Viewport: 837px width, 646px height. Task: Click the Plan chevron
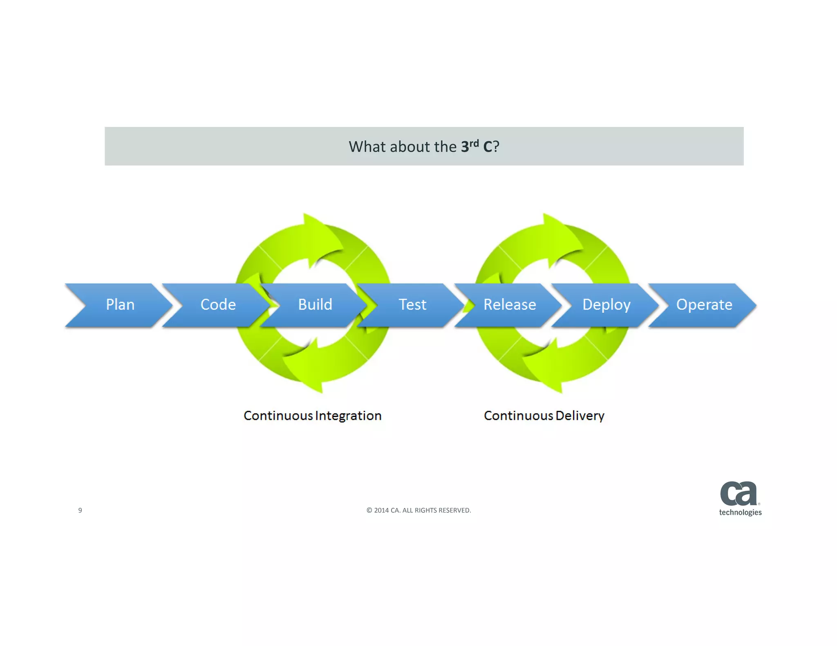pos(120,305)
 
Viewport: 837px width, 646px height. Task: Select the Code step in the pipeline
pos(218,305)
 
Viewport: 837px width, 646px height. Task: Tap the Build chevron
pos(315,305)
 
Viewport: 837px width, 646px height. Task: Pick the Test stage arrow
pos(412,305)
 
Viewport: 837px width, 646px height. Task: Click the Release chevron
pos(509,305)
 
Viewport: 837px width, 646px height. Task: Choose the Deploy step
pos(606,305)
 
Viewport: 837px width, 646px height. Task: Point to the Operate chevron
pos(704,305)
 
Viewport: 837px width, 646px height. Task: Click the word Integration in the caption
pos(348,416)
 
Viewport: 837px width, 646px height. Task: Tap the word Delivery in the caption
pos(580,416)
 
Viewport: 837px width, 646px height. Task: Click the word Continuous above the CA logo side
pos(518,416)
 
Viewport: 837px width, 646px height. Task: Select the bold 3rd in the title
pos(470,146)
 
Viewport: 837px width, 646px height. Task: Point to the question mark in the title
pos(496,147)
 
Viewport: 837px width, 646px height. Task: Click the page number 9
pos(80,510)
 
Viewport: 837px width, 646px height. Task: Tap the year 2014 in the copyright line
pos(381,510)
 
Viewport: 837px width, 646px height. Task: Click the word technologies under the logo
pos(740,512)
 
